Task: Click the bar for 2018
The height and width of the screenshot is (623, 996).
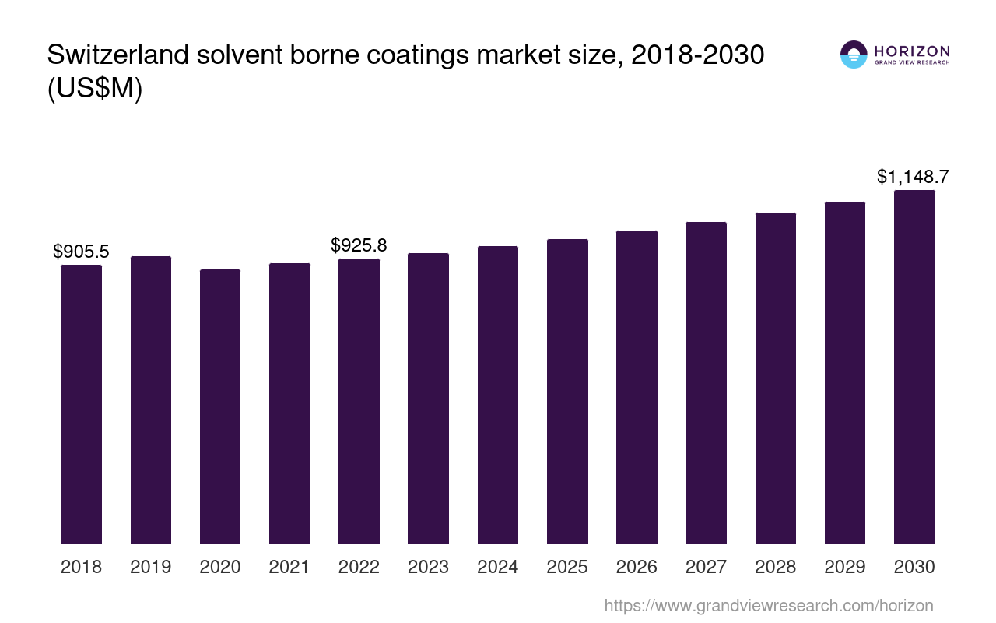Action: pos(81,404)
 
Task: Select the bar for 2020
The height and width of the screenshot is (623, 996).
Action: pos(220,407)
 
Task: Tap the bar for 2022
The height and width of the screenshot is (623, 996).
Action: pos(359,401)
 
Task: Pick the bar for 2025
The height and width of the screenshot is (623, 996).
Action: pos(567,391)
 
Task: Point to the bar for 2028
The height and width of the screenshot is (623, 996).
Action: pos(776,378)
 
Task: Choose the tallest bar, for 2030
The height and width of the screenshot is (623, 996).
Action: pos(914,367)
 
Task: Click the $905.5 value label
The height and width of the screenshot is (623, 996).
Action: pos(81,252)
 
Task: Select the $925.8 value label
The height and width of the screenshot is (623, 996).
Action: pos(359,245)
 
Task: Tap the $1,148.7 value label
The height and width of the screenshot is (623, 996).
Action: pos(913,177)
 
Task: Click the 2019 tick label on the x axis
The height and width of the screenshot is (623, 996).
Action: pos(151,567)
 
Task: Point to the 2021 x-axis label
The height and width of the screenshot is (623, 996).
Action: pos(289,567)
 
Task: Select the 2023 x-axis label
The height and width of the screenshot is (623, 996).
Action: pos(428,567)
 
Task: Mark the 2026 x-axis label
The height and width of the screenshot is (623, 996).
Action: pos(637,567)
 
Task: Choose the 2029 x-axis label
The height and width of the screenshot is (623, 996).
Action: pos(845,567)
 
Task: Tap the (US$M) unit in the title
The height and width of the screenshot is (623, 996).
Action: pos(95,89)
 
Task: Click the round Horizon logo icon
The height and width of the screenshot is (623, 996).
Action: pos(854,55)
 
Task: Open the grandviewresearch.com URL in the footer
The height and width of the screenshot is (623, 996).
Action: pos(768,605)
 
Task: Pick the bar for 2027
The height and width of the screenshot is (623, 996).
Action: pos(706,382)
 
